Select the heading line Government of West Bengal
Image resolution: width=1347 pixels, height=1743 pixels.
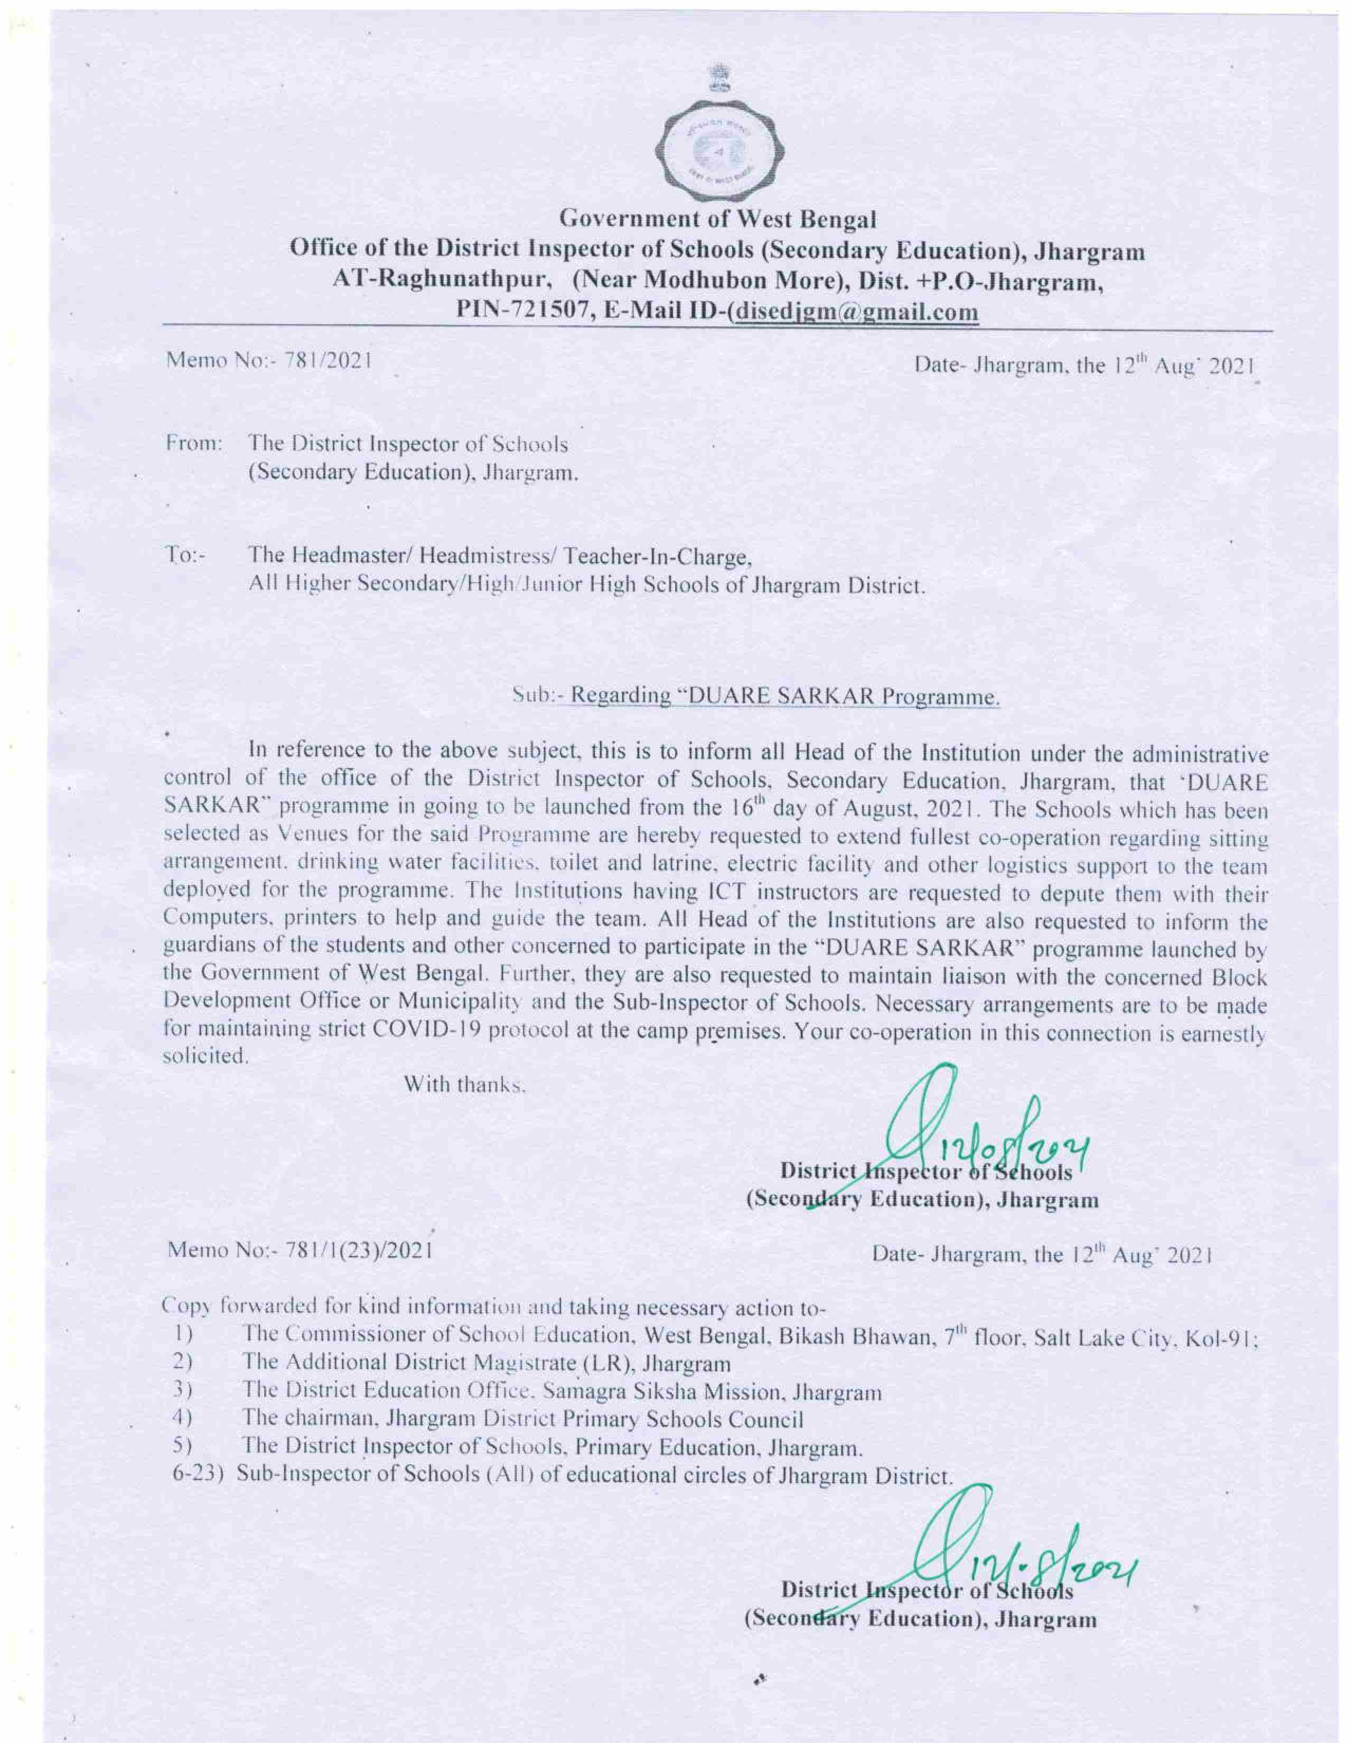[717, 217]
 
